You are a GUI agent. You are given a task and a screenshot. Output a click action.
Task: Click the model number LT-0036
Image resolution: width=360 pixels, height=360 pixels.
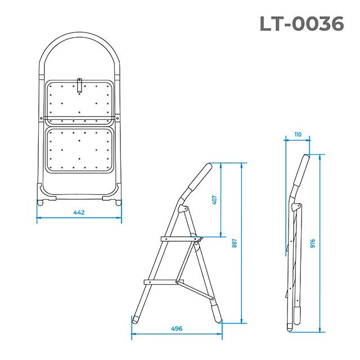[x=301, y=23]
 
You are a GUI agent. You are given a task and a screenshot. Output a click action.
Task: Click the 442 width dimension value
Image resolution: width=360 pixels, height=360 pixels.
[x=79, y=212]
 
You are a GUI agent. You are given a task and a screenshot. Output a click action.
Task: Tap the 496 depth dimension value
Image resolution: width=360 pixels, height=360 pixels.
[x=177, y=328]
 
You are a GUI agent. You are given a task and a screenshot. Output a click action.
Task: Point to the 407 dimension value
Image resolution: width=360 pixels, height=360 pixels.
[x=214, y=200]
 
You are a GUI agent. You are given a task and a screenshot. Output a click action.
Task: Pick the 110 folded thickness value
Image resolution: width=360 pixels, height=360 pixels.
[x=297, y=135]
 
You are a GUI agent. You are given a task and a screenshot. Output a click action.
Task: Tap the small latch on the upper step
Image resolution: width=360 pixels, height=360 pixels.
[x=80, y=84]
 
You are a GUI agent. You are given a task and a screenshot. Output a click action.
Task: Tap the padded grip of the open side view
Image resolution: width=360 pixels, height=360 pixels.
[x=199, y=179]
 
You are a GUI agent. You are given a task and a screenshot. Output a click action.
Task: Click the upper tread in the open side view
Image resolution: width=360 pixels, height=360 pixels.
[x=181, y=239]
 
